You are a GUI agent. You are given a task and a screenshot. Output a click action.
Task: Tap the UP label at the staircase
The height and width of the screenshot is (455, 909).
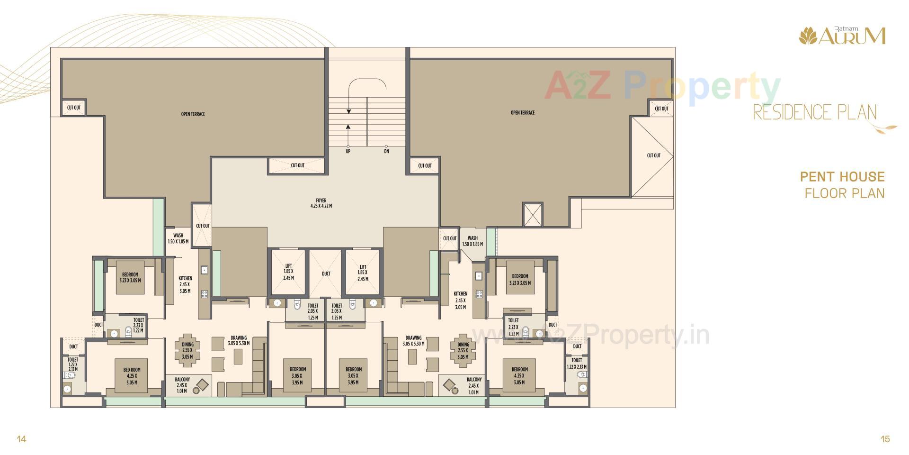click(348, 151)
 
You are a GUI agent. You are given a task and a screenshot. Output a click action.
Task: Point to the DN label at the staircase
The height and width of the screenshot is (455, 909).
click(386, 151)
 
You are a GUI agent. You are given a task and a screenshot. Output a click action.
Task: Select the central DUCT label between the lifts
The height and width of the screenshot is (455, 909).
click(326, 273)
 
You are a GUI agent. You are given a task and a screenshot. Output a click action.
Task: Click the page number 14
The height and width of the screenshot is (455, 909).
click(21, 439)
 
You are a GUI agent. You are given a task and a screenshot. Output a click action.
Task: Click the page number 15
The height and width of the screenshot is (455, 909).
click(885, 439)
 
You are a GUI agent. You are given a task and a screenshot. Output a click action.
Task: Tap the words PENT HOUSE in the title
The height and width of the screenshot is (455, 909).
click(842, 177)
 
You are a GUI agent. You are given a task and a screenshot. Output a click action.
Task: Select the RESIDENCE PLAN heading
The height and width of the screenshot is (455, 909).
click(815, 112)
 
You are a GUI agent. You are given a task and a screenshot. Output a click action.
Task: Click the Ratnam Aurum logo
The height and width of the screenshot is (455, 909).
click(842, 36)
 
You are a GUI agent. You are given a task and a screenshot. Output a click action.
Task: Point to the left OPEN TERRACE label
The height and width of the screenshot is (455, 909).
click(193, 114)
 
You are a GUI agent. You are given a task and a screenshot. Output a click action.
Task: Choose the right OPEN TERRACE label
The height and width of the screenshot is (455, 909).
click(523, 113)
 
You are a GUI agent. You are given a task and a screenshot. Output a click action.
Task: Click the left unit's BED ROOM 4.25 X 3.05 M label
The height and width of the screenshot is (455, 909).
click(132, 376)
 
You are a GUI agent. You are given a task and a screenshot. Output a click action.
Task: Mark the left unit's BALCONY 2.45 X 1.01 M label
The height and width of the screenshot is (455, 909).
click(182, 385)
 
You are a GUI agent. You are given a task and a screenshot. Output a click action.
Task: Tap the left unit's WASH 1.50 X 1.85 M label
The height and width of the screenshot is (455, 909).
click(178, 238)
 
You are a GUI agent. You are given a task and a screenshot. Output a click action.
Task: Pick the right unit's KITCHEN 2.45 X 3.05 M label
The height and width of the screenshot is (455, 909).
click(460, 300)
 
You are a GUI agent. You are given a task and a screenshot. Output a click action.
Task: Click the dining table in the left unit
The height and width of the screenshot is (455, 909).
click(187, 351)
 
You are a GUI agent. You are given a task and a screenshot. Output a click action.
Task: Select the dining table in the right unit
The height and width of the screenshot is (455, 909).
click(463, 351)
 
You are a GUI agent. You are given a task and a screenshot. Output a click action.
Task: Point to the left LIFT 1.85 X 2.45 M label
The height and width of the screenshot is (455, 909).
click(288, 272)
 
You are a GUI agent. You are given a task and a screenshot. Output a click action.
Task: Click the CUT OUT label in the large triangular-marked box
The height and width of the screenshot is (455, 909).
click(653, 155)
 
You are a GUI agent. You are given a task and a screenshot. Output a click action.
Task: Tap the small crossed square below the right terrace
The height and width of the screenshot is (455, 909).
click(533, 214)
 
